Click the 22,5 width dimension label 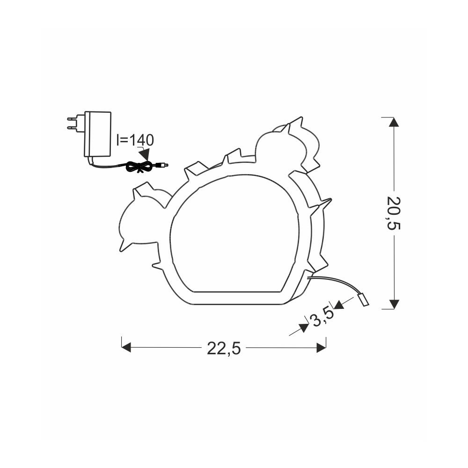tap(224, 348)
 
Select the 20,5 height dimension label tap(394, 213)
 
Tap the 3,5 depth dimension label tap(322, 317)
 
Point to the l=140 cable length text tap(135, 139)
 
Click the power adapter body tap(98, 134)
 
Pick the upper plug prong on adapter tap(76, 119)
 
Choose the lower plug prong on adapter tap(76, 127)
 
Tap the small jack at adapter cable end tap(163, 164)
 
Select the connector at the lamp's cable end tap(363, 300)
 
